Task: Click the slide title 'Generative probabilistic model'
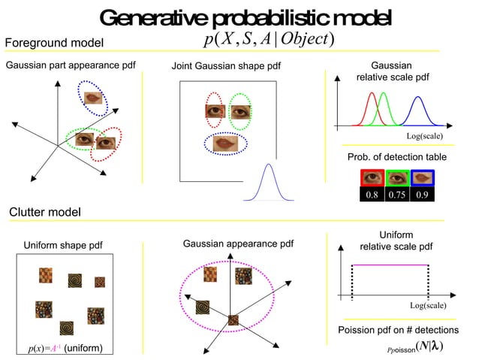[245, 17]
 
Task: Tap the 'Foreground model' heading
[54, 42]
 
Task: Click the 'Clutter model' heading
[44, 213]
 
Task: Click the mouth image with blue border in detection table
[423, 178]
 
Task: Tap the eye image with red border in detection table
[371, 178]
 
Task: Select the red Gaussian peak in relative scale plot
[371, 95]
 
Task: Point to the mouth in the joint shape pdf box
[228, 143]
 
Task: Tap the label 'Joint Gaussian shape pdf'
[226, 67]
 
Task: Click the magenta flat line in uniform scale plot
[390, 265]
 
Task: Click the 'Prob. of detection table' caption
[396, 156]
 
